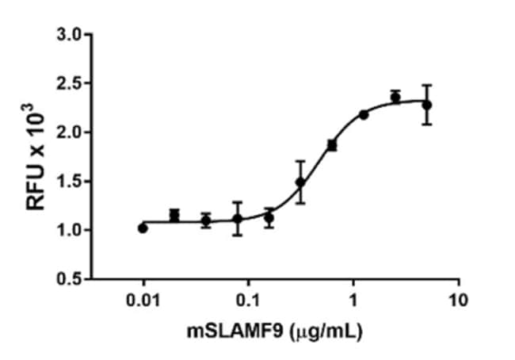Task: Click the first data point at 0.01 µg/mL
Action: pos(143,228)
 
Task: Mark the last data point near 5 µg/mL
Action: pos(427,105)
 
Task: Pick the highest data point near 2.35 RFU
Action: pos(395,97)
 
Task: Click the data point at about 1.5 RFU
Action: pos(300,182)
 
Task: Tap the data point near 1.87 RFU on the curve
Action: pos(332,145)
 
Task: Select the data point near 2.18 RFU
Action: pos(364,115)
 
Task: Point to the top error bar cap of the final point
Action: pos(427,85)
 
